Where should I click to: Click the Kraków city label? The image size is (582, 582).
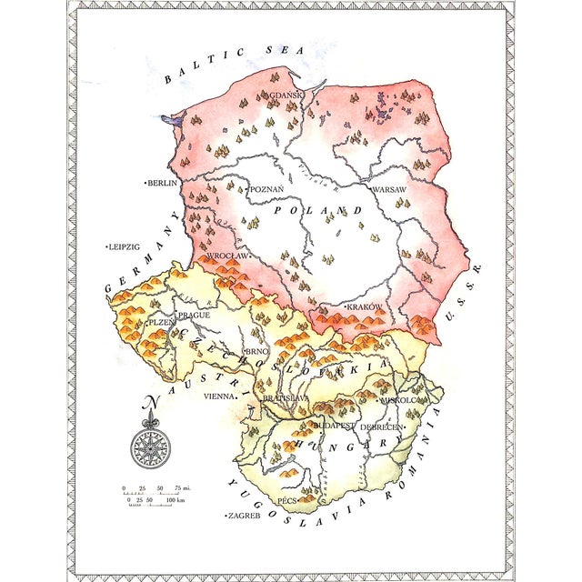pos(364,307)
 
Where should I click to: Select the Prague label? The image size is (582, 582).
pos(193,315)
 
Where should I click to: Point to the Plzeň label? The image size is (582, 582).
pos(162,323)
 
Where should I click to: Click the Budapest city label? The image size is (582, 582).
pos(332,425)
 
